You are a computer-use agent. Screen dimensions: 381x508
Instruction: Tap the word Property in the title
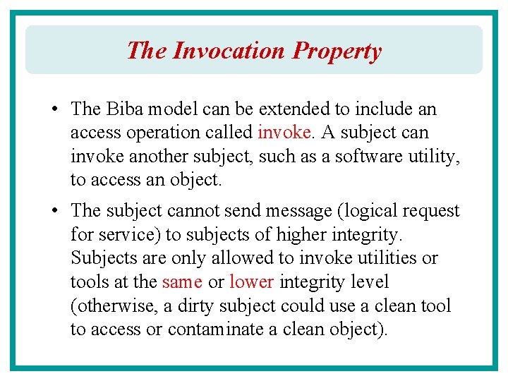coord(337,51)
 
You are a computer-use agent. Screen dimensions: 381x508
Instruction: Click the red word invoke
coord(284,133)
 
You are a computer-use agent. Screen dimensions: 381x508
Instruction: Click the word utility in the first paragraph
coord(435,156)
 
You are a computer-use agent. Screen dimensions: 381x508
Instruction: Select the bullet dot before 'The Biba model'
coord(54,109)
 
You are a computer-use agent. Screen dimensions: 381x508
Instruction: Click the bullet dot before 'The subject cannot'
coord(54,211)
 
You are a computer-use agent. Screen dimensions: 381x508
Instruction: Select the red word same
coord(182,282)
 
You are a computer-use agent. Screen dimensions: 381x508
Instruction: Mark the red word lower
coord(251,282)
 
